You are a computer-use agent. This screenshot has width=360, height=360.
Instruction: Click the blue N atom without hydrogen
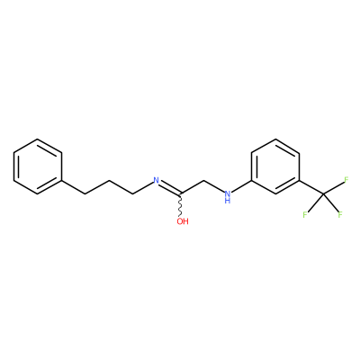click(x=156, y=181)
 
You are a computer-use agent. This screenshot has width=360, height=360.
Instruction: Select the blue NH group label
click(x=228, y=197)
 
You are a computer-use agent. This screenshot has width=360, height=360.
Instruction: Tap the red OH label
click(x=183, y=221)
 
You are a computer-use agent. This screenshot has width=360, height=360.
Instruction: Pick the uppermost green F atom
click(x=346, y=180)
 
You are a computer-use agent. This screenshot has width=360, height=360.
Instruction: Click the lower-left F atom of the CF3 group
click(x=305, y=215)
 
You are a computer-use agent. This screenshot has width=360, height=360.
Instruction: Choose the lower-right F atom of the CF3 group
click(x=340, y=215)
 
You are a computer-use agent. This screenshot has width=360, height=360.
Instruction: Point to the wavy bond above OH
click(x=180, y=205)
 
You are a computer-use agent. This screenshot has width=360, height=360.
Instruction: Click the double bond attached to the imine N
click(x=170, y=187)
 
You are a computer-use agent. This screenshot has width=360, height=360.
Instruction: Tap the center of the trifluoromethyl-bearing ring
click(x=275, y=166)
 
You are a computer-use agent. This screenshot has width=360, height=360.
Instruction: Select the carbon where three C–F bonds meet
click(x=323, y=194)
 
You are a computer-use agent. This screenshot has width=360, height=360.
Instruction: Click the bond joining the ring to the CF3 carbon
click(x=311, y=187)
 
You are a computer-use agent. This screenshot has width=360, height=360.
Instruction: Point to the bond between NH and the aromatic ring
click(x=242, y=186)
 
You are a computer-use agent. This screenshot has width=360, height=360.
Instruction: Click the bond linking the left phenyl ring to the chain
click(x=74, y=187)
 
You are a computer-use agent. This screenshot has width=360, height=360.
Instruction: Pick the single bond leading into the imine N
click(x=143, y=188)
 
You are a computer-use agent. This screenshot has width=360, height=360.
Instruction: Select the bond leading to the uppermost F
click(x=333, y=188)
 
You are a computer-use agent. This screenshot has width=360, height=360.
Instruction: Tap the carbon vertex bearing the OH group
click(x=180, y=194)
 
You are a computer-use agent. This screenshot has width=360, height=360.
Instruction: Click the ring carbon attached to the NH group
click(x=252, y=181)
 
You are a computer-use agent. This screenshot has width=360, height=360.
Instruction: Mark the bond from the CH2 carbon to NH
click(x=214, y=186)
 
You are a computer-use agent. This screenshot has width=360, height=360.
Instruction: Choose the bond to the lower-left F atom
click(x=315, y=203)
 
